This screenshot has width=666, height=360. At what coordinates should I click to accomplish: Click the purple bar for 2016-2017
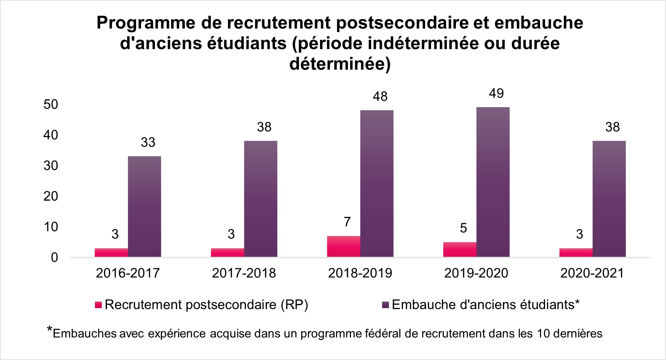tap(144, 207)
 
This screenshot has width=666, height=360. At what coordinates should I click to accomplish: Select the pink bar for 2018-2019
tap(344, 246)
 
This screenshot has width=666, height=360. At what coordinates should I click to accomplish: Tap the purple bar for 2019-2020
tap(493, 182)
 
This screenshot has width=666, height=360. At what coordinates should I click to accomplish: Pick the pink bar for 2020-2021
tap(576, 253)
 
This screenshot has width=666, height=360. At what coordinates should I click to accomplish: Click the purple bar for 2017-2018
tap(260, 199)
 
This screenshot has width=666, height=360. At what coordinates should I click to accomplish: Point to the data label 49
tap(496, 94)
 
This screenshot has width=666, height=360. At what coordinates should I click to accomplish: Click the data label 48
tap(380, 97)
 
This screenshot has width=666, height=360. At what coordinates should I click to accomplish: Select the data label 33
tap(148, 143)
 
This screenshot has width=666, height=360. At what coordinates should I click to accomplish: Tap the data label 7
tap(347, 222)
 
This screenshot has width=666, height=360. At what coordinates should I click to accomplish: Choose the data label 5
tap(463, 228)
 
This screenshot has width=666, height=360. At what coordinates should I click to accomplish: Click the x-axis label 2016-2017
tap(128, 273)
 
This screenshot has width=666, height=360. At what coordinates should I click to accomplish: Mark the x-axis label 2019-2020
tap(476, 273)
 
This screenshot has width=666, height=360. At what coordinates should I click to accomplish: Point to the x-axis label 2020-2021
tap(592, 273)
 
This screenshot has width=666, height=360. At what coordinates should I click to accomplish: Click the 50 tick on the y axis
tap(51, 104)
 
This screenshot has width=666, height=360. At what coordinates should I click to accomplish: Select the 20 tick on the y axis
tap(51, 196)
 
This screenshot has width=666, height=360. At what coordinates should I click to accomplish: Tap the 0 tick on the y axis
tap(54, 258)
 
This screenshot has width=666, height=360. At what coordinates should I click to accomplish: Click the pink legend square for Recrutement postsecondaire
tap(99, 305)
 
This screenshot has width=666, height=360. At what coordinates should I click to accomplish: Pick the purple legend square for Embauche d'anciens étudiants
tap(385, 305)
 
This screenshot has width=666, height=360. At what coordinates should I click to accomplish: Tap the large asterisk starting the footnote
tap(50, 329)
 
